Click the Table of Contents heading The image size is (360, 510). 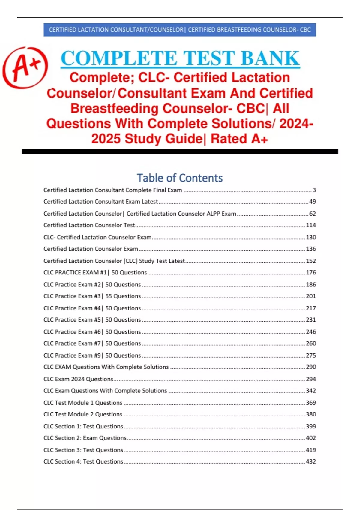[x=180, y=178]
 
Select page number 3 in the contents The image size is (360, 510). [x=314, y=190]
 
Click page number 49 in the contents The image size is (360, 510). [x=312, y=202]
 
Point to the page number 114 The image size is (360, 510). [x=311, y=225]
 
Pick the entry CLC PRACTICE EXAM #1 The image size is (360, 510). [x=95, y=272]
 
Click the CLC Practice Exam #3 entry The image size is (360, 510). [x=92, y=296]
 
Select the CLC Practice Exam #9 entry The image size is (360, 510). [x=92, y=355]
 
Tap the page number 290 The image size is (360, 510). [x=311, y=367]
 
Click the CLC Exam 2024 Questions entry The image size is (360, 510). [x=78, y=379]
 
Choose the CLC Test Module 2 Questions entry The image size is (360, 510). [x=83, y=414]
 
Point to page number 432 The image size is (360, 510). [x=311, y=462]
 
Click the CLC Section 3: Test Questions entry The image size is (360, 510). [x=83, y=450]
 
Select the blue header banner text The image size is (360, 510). [x=180, y=30]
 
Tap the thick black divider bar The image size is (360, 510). [x=180, y=152]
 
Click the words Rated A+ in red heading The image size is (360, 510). [x=239, y=139]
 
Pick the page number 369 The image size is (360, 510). [x=311, y=403]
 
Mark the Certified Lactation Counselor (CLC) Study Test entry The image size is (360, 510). [x=114, y=261]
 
